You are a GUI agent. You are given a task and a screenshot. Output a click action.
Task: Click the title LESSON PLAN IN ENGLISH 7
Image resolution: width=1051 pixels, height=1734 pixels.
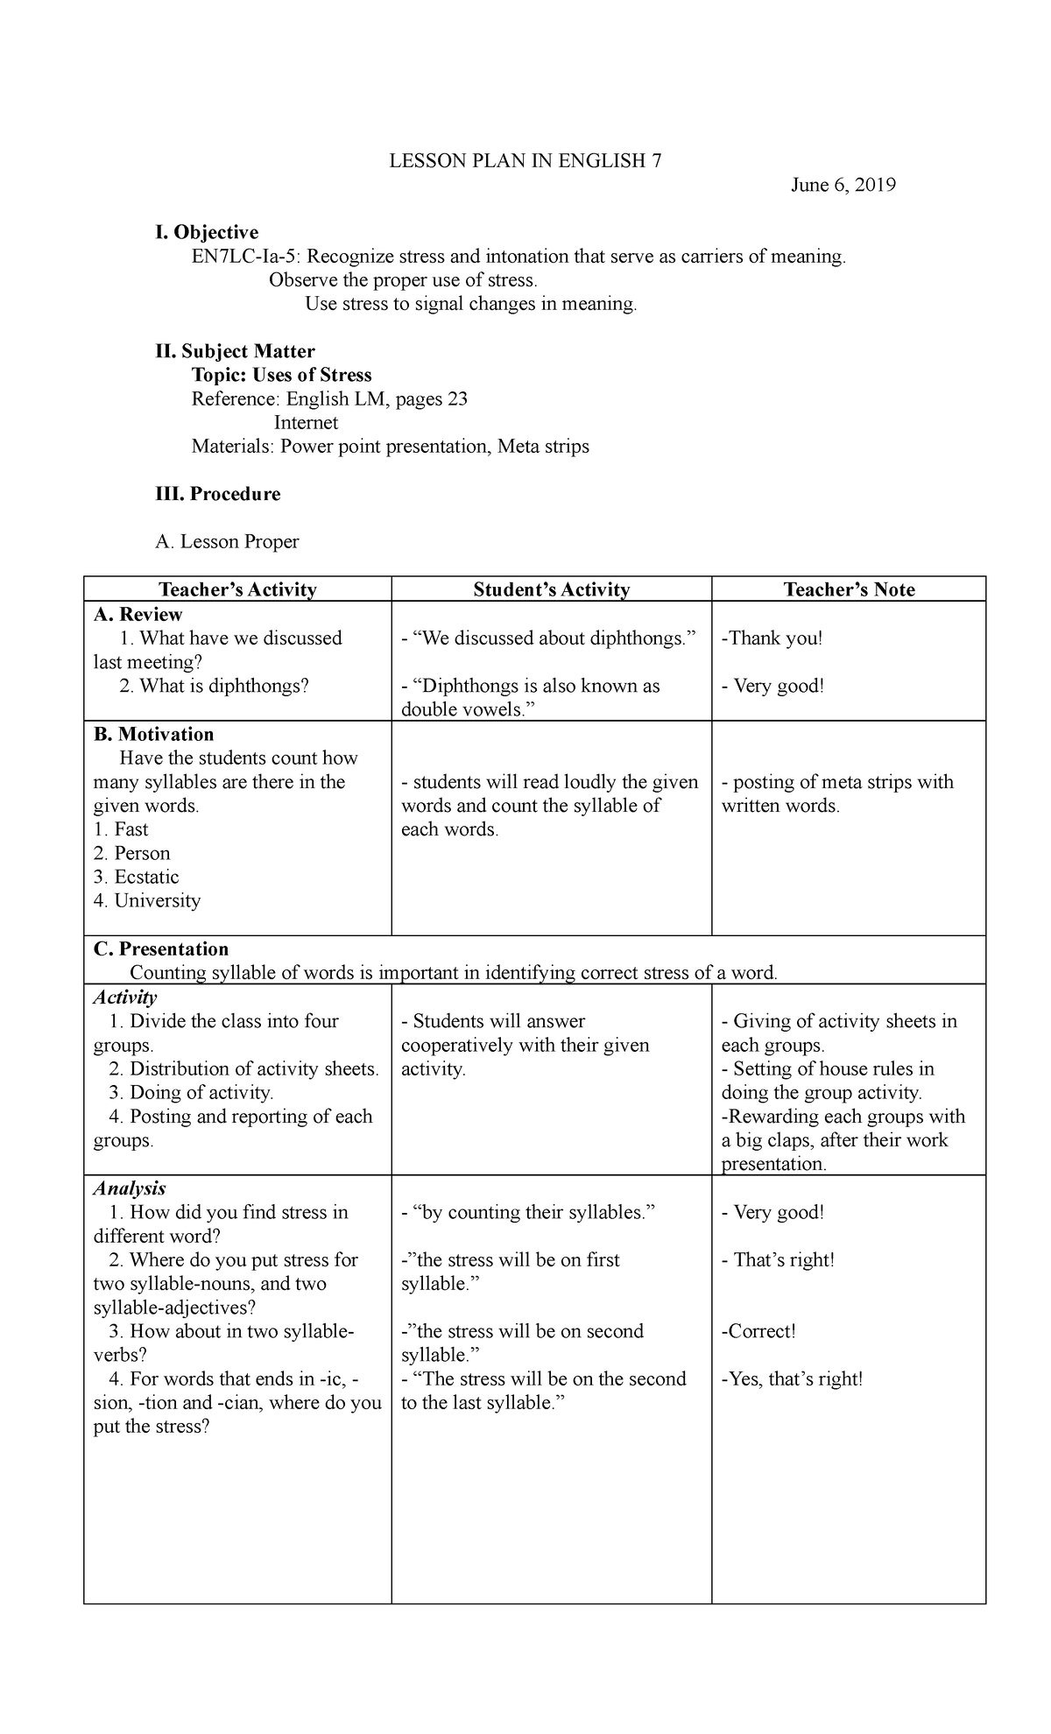click(525, 161)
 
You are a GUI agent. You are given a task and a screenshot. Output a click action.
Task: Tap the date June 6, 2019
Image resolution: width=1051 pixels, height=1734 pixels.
click(843, 185)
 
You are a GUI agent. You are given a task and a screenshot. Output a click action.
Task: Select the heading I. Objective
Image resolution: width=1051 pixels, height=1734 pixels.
click(207, 232)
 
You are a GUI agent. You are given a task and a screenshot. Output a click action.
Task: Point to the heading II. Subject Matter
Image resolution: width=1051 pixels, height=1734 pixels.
click(235, 351)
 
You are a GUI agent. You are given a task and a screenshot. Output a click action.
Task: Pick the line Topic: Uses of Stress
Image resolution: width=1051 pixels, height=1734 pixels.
click(281, 375)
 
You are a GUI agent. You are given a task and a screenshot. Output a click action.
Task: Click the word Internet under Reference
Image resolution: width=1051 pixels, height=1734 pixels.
click(306, 423)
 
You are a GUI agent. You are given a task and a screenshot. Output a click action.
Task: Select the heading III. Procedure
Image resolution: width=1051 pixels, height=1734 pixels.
click(218, 494)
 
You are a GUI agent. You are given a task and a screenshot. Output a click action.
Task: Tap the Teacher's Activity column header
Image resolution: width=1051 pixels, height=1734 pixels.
click(237, 589)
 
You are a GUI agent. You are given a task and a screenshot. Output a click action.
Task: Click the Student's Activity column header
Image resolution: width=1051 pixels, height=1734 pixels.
click(551, 589)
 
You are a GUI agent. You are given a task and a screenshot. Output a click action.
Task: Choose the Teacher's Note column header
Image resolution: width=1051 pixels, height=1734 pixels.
click(849, 589)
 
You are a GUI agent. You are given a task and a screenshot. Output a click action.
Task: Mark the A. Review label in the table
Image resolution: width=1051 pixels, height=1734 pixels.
click(138, 614)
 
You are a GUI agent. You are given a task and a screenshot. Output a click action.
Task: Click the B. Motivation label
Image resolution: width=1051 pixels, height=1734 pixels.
click(153, 734)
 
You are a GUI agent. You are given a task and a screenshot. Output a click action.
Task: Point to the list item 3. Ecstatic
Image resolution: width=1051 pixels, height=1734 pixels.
click(137, 877)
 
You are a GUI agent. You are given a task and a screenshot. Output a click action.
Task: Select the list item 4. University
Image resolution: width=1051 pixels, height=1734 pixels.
click(147, 900)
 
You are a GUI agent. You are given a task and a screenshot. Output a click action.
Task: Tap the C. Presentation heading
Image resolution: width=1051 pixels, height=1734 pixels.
click(160, 948)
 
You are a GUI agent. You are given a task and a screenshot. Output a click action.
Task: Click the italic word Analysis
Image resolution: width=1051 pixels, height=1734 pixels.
click(130, 1188)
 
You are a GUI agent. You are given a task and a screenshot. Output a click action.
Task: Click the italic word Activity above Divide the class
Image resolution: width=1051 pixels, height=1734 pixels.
click(125, 997)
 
